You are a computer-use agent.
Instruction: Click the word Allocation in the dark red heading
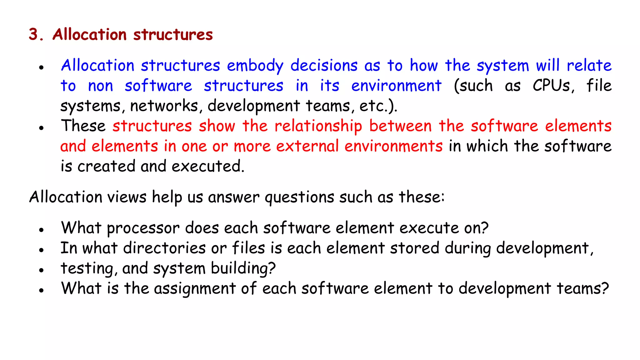pos(89,34)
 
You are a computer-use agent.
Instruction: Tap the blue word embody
pos(255,66)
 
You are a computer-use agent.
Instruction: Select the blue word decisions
pos(324,66)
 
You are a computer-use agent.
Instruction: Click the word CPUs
pos(553,86)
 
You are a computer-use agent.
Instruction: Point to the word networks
pos(164,106)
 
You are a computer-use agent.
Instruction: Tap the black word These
pos(83,126)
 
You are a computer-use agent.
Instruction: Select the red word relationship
pos(318,126)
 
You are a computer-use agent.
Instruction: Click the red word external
pos(307,146)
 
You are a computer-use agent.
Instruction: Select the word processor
pos(143,228)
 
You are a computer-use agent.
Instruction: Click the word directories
pos(164,248)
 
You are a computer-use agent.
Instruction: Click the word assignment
pos(195,288)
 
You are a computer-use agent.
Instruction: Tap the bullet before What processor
pos(41,230)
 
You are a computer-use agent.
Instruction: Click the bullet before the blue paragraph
pos(41,67)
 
